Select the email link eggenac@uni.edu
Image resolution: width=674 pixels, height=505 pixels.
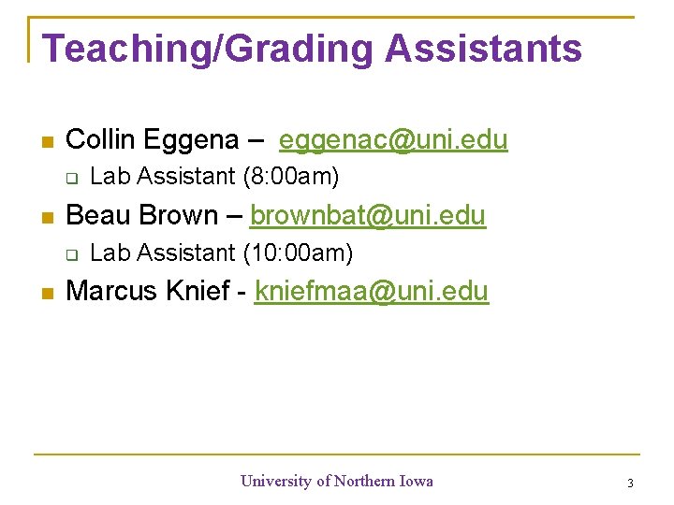point(393,140)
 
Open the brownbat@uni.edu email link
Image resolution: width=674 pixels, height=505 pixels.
point(368,215)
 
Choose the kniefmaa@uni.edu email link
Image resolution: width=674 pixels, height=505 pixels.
point(371,291)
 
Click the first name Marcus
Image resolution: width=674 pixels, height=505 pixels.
point(112,291)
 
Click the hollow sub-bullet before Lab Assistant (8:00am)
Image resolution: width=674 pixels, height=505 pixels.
point(70,177)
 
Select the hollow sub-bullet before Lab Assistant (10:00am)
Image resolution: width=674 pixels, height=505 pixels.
point(70,253)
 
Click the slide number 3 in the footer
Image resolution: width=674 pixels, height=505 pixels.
point(630,483)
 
